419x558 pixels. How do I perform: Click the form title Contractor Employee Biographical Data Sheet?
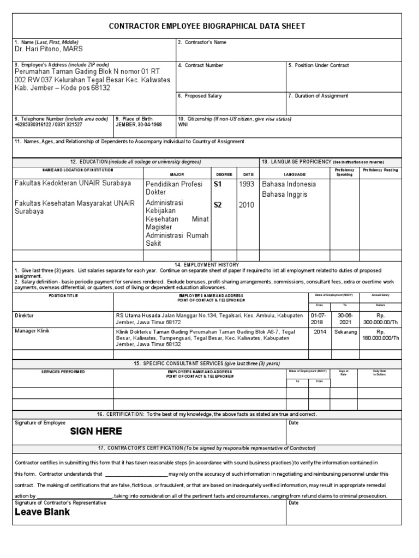(x=207, y=26)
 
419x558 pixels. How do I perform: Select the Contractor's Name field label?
(x=202, y=42)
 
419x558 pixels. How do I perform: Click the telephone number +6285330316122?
(x=33, y=124)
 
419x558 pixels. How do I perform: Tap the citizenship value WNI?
(x=183, y=124)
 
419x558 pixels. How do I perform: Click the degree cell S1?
(x=218, y=184)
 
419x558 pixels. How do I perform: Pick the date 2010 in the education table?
(x=246, y=205)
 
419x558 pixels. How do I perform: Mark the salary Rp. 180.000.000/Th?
(x=381, y=334)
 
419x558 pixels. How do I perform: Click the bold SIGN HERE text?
(x=96, y=431)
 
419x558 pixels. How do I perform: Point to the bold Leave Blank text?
(x=43, y=512)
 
